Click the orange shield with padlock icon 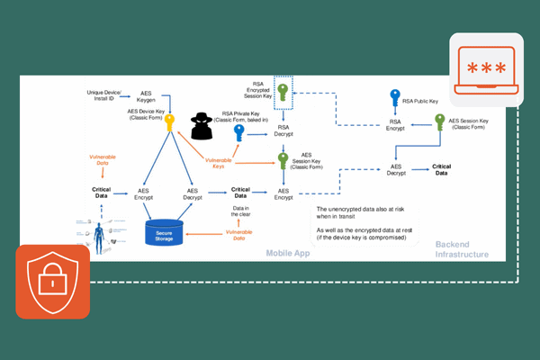[x=52, y=282]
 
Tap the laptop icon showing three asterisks [x=485, y=69]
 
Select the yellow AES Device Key [x=168, y=122]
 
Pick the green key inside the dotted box [x=283, y=94]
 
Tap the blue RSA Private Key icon [x=239, y=134]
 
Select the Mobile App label [x=288, y=254]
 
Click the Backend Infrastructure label [x=462, y=249]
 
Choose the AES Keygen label [x=151, y=96]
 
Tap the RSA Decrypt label [x=283, y=130]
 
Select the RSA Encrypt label [x=395, y=125]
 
